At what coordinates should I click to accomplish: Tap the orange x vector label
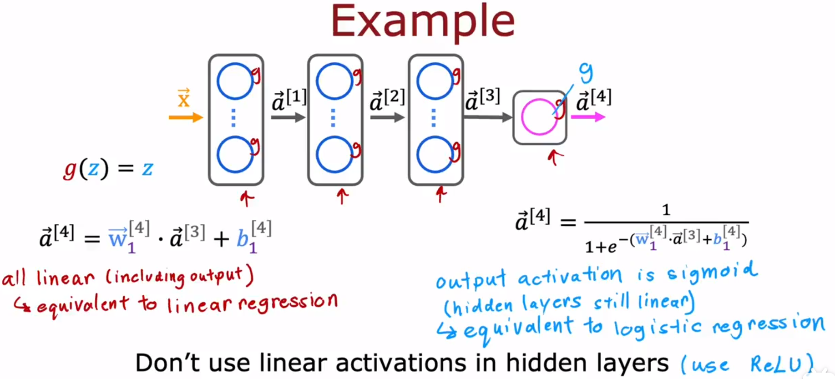183,98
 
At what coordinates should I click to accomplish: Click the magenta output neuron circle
539,117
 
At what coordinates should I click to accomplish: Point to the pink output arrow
588,117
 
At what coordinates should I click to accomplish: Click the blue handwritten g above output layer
586,73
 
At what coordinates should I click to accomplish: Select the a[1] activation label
289,100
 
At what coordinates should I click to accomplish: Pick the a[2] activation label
387,100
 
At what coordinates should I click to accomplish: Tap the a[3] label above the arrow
482,99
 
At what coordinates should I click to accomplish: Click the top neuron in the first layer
235,81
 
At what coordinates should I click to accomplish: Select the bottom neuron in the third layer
435,155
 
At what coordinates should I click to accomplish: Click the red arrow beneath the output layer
555,157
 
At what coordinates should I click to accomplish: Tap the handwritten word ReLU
775,364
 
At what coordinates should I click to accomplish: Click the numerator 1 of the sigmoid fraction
666,210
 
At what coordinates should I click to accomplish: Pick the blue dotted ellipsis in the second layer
334,117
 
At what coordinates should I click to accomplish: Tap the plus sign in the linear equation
222,238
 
